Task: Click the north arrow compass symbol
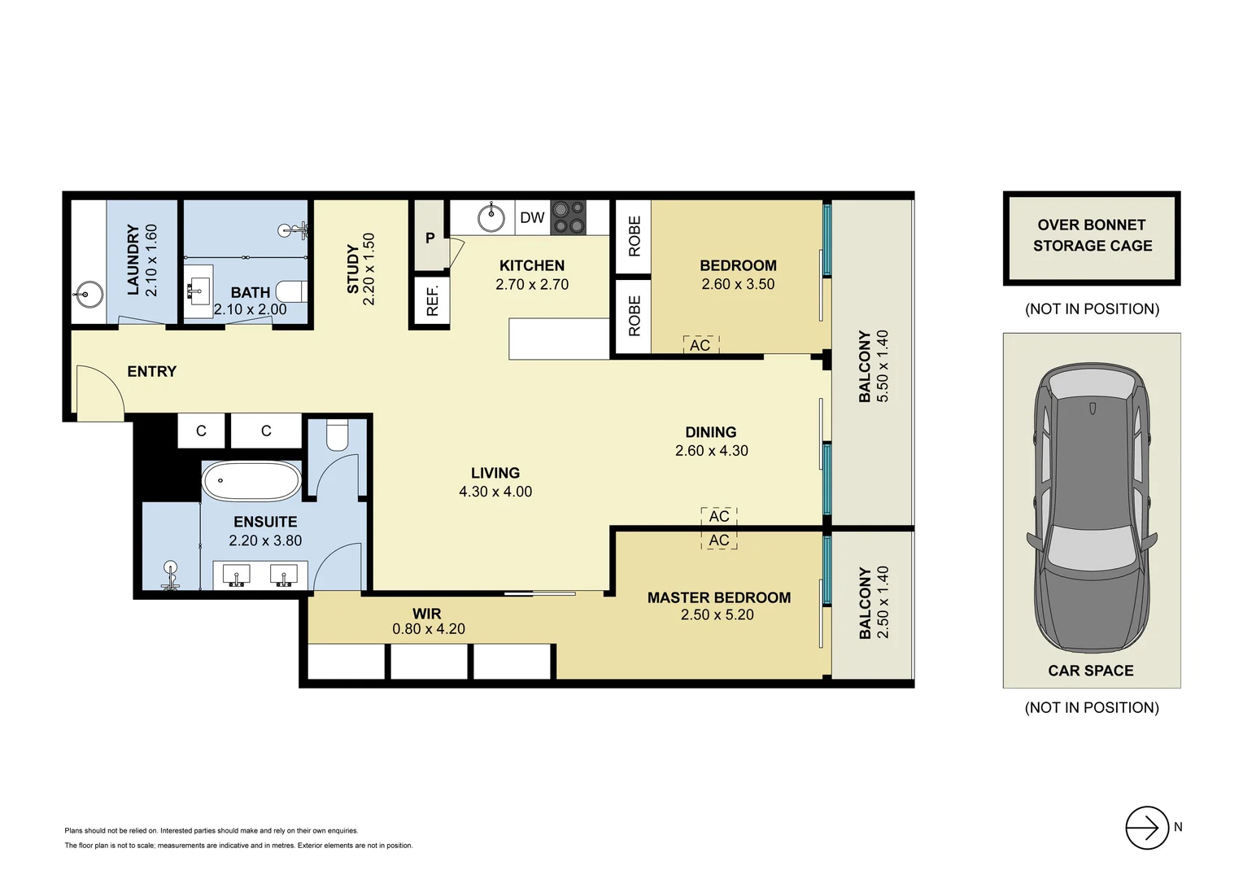pyautogui.click(x=1147, y=828)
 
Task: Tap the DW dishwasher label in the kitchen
pyautogui.click(x=532, y=217)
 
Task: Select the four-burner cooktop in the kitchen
pyautogui.click(x=569, y=217)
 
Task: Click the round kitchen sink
pyautogui.click(x=491, y=217)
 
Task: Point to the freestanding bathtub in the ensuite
pyautogui.click(x=251, y=482)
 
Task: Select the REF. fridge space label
pyautogui.click(x=432, y=301)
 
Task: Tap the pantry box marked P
pyautogui.click(x=430, y=237)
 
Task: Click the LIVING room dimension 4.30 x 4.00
pyautogui.click(x=495, y=492)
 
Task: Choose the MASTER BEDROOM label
pyautogui.click(x=718, y=597)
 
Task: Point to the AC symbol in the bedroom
pyautogui.click(x=700, y=345)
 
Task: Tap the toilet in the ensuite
pyautogui.click(x=338, y=436)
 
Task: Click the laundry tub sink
pyautogui.click(x=88, y=293)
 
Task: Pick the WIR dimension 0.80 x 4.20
pyautogui.click(x=429, y=629)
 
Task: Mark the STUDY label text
pyautogui.click(x=353, y=269)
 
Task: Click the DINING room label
pyautogui.click(x=710, y=432)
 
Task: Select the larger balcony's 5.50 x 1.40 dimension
pyautogui.click(x=883, y=366)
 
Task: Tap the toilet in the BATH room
pyautogui.click(x=291, y=291)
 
